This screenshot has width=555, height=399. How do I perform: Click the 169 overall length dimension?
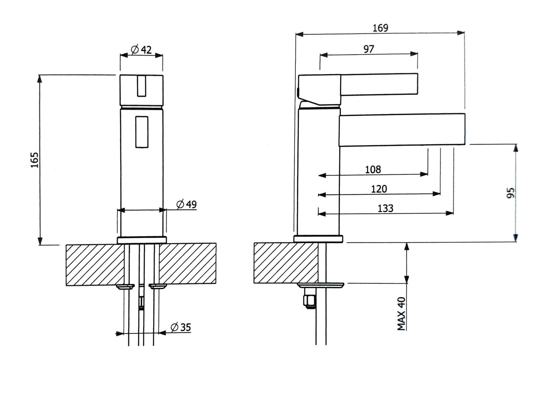(380, 28)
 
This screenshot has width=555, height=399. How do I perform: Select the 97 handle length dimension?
(368, 49)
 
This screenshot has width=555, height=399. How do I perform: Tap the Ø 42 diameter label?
(141, 50)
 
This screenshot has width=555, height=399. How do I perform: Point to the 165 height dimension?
(35, 160)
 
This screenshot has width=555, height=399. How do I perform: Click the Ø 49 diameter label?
(187, 204)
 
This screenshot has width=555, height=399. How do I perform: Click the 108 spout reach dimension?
(373, 169)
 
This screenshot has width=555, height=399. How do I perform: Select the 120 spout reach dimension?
(379, 189)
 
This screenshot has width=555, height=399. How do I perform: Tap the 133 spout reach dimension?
(385, 208)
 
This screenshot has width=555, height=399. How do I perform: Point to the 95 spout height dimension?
(510, 193)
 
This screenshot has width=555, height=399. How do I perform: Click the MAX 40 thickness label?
(402, 314)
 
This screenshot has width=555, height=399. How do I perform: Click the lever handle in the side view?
(378, 84)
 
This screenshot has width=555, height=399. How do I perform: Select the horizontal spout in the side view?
(402, 130)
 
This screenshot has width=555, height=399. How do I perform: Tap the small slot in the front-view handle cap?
(141, 86)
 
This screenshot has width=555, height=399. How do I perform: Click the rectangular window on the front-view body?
(141, 131)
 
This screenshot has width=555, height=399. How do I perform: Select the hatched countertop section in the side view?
(286, 263)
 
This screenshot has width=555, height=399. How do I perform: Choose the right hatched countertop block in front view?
(187, 265)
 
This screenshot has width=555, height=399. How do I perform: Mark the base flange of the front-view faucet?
(142, 240)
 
